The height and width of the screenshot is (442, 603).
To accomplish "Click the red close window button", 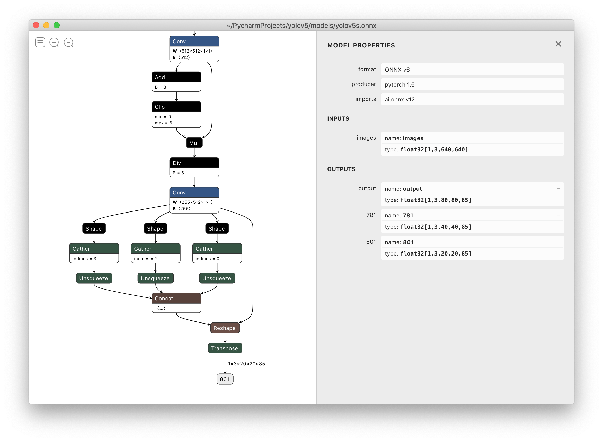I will tap(36, 25).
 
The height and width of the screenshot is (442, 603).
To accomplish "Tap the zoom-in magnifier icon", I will tap(54, 42).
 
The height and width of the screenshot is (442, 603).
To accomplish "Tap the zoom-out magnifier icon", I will tap(68, 42).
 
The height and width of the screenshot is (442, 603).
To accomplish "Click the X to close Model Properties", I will tap(558, 44).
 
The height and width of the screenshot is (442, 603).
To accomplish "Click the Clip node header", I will tap(176, 107).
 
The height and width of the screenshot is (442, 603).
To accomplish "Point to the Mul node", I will tap(194, 143).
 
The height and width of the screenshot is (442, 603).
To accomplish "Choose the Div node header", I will tap(194, 163).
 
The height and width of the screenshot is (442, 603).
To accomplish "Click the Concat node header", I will tap(176, 299).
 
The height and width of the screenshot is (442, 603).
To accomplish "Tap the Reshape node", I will tap(225, 328).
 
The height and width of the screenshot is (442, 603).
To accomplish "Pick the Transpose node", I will tap(225, 348).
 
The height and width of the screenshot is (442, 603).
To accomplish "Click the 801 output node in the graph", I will tap(225, 379).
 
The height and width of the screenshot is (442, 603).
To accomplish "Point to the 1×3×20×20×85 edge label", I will tap(246, 364).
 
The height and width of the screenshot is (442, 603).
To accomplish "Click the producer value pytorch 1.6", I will tap(400, 84).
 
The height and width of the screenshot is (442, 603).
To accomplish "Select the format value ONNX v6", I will tap(397, 70).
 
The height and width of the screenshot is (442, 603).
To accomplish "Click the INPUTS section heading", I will tap(338, 118).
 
